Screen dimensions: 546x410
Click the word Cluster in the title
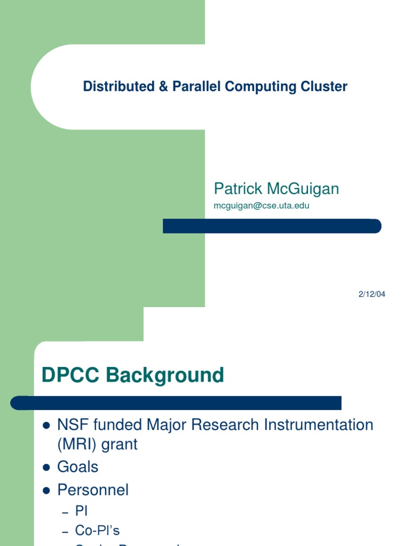pyautogui.click(x=327, y=86)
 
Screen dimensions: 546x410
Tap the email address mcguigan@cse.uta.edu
pyautogui.click(x=262, y=205)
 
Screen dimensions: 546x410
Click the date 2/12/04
pyautogui.click(x=372, y=294)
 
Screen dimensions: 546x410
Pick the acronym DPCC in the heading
pyautogui.click(x=71, y=375)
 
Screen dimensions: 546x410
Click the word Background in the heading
pyautogui.click(x=165, y=375)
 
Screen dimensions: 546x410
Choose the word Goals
pyautogui.click(x=78, y=467)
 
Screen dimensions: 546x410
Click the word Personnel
pyautogui.click(x=93, y=490)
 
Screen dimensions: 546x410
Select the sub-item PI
pyautogui.click(x=81, y=511)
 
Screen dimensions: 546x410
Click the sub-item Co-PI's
pyautogui.click(x=97, y=531)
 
